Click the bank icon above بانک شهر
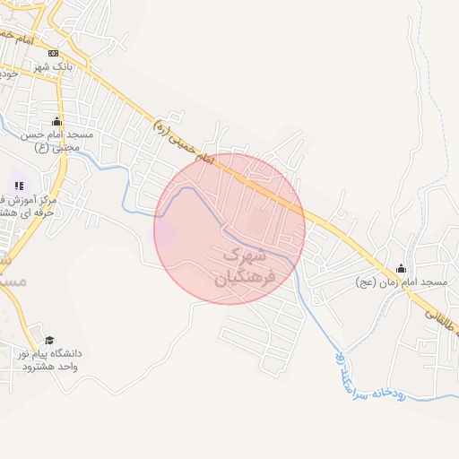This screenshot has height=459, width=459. tap(53, 54)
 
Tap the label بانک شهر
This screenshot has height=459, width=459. tap(53, 67)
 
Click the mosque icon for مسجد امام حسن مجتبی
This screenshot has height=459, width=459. tap(58, 122)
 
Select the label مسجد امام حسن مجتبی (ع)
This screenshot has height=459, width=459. tap(58, 141)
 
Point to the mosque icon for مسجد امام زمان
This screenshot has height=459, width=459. tap(401, 268)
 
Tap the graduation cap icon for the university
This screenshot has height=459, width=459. tap(49, 341)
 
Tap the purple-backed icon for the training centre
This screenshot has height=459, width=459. tap(19, 186)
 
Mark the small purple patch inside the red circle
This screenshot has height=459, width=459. tap(168, 230)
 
